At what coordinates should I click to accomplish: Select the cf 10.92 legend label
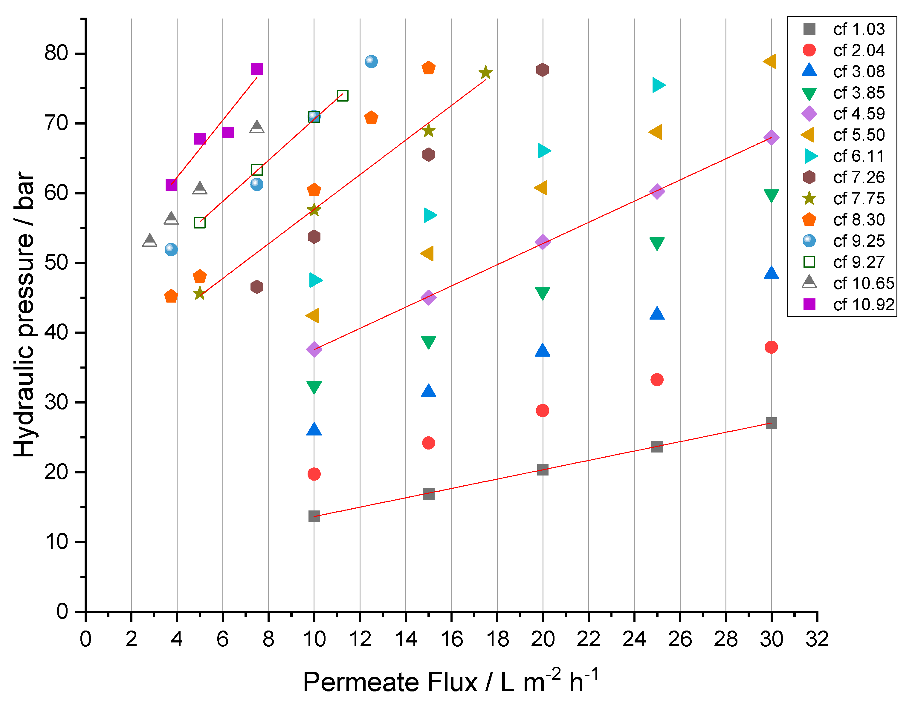[x=863, y=305]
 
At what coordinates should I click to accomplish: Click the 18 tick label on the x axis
[x=497, y=639]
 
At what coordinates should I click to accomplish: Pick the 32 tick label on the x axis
[x=817, y=639]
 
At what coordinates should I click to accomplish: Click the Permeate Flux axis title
[x=450, y=682]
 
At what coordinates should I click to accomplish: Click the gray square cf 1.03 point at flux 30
[x=771, y=423]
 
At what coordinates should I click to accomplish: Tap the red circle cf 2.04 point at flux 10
[x=314, y=474]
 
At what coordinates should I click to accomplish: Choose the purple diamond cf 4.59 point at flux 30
[x=771, y=137]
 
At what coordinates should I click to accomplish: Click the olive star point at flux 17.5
[x=485, y=72]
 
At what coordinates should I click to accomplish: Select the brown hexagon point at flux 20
[x=542, y=70]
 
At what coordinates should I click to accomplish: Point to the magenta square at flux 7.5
[x=256, y=69]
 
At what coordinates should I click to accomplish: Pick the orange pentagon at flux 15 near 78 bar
[x=428, y=68]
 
